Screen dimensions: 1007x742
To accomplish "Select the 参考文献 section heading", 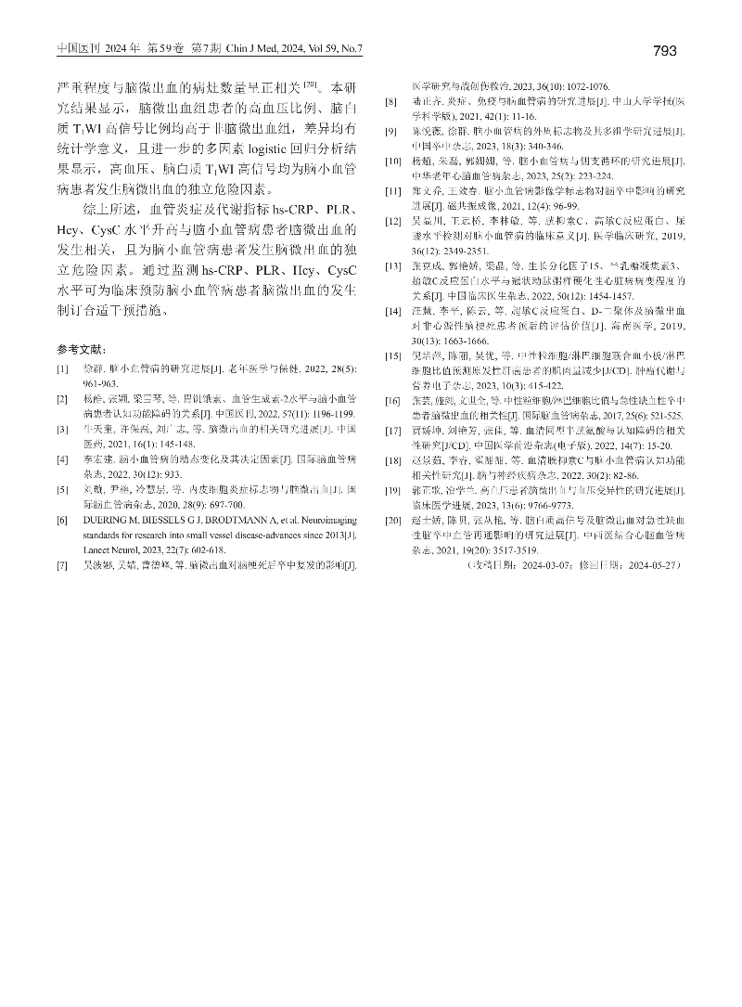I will (81, 350).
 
